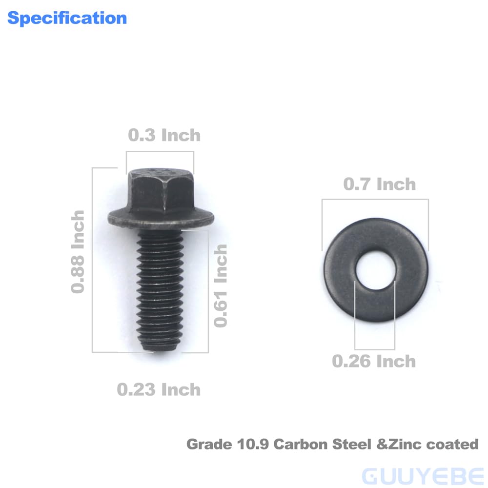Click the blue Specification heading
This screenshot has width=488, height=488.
67,18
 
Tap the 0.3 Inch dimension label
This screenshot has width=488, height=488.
164,135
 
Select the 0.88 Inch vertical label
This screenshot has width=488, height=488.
78,252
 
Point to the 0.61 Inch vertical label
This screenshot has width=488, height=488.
221,285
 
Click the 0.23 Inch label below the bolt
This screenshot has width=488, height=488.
159,389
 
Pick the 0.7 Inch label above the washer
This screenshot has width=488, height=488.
379,184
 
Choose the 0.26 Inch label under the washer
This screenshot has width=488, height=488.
374,362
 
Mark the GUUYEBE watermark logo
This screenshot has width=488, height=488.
423,475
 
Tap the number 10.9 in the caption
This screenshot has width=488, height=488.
254,445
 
